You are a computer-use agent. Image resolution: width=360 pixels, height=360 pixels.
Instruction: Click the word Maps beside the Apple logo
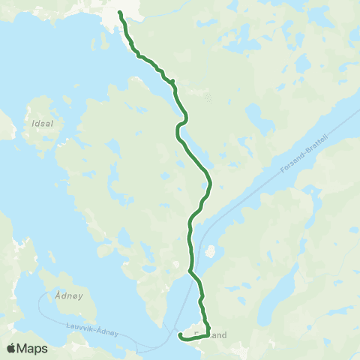point(33,348)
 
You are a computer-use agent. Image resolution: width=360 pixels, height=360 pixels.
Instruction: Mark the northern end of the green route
point(120,11)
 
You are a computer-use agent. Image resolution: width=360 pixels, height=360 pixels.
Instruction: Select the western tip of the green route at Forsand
point(180,337)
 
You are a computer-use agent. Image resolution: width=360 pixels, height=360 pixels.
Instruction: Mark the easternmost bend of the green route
point(211,182)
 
